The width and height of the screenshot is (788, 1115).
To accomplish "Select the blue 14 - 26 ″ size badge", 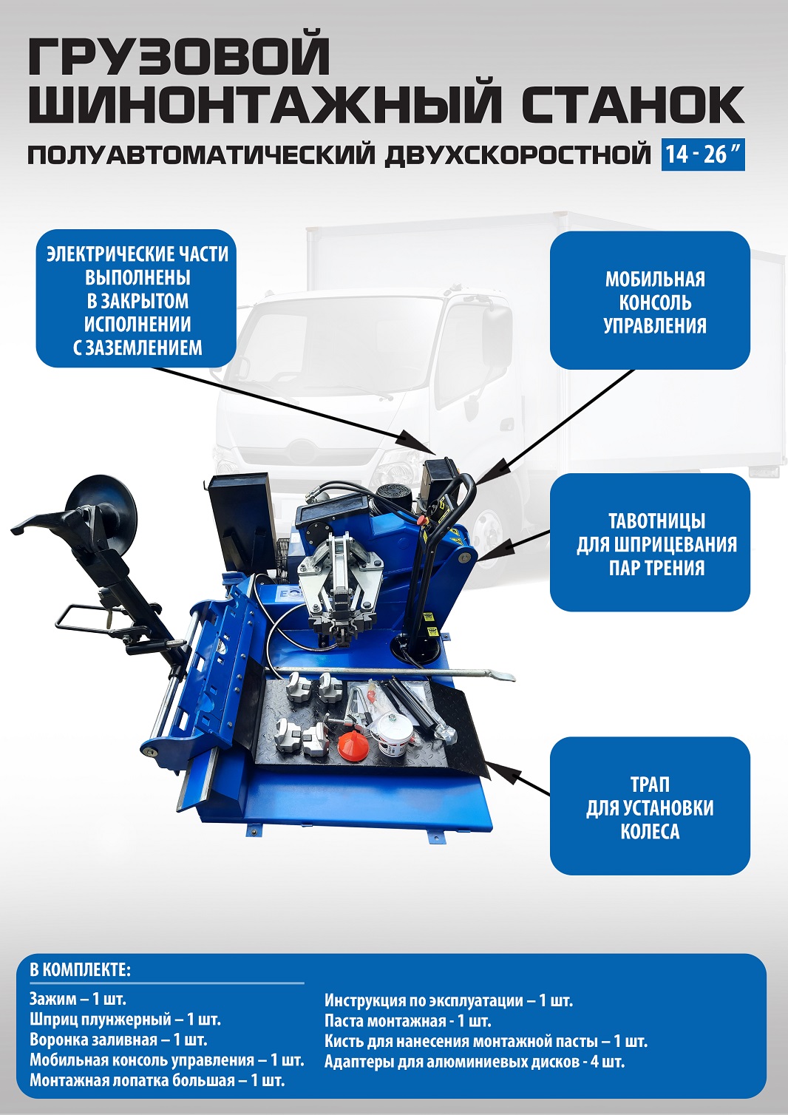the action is tap(703, 155).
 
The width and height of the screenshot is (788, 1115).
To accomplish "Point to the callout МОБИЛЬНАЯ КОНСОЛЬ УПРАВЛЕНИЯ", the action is tap(650, 300).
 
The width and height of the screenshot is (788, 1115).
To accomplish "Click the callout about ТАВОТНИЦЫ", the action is tap(650, 543).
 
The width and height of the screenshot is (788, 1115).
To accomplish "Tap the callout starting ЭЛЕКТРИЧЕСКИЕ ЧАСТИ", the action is tap(137, 299).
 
